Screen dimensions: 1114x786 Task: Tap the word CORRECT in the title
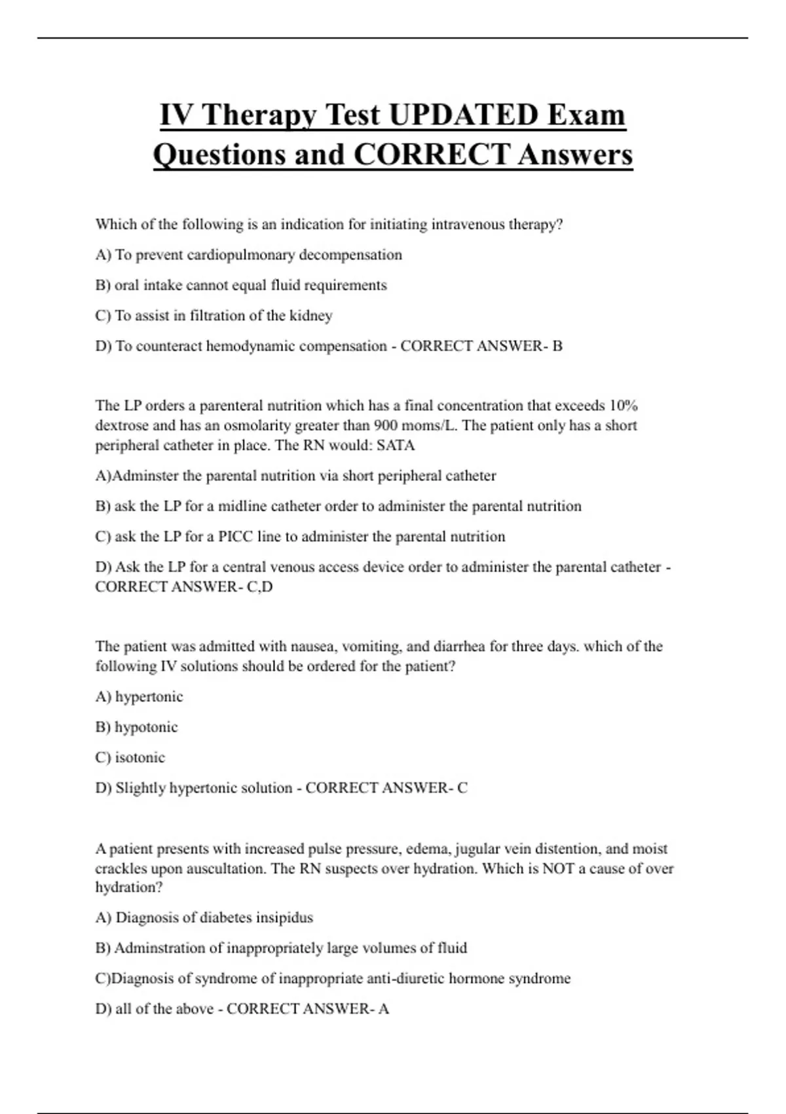[x=432, y=155]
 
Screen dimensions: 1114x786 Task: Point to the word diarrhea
[x=459, y=647]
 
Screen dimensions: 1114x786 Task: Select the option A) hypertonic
[x=139, y=697]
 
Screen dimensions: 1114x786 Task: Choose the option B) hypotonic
[x=136, y=727]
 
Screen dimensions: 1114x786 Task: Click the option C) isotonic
[x=130, y=758]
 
